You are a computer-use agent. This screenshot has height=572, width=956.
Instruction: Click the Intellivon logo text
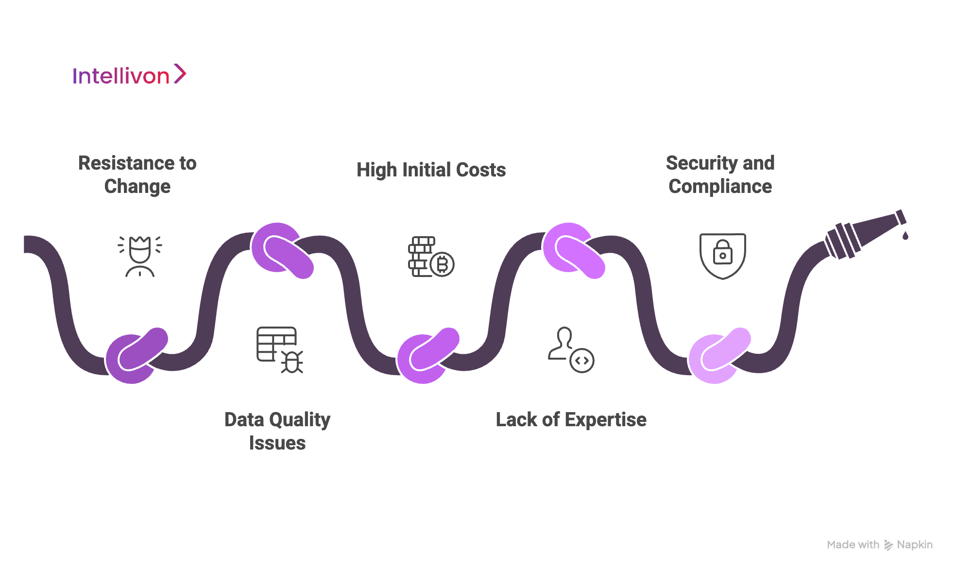click(121, 76)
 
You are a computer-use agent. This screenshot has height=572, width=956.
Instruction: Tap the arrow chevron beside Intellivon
click(180, 74)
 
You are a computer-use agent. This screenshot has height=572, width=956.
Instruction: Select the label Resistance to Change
click(137, 174)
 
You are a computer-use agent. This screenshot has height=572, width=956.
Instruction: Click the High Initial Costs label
click(431, 170)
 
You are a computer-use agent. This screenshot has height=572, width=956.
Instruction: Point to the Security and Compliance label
click(720, 174)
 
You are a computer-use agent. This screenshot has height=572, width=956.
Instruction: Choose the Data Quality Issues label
click(277, 431)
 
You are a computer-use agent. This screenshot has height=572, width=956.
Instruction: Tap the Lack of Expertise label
click(571, 420)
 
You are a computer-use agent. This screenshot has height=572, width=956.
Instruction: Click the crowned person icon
click(140, 256)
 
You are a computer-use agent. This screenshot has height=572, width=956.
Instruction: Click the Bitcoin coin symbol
click(442, 265)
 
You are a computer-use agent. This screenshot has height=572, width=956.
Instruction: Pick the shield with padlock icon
click(722, 256)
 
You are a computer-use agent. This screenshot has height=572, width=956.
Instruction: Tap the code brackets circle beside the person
click(582, 361)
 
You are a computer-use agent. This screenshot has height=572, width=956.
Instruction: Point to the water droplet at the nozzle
click(905, 236)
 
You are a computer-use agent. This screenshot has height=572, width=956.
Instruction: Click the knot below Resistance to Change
click(137, 355)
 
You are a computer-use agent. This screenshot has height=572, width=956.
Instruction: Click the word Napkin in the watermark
click(914, 545)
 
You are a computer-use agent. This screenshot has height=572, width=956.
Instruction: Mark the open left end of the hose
click(25, 244)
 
